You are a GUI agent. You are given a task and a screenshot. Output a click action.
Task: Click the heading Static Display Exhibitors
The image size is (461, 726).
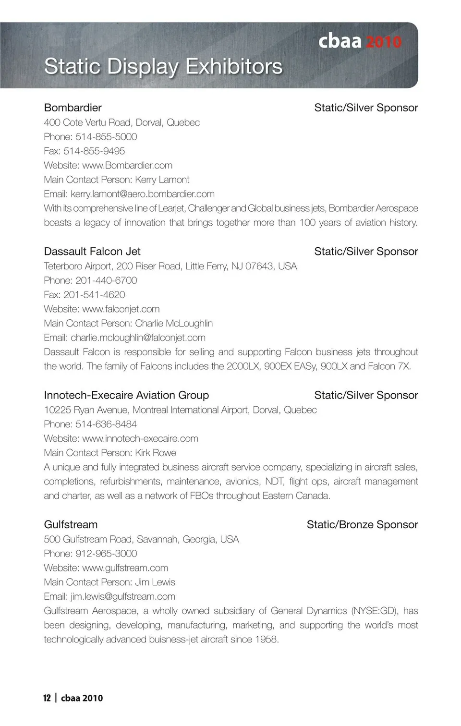(163, 66)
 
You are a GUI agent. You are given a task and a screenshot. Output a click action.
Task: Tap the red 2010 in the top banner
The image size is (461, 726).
(383, 42)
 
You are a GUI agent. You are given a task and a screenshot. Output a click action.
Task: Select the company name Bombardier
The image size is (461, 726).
(73, 108)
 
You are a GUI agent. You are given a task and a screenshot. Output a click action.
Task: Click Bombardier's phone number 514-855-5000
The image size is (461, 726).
(106, 136)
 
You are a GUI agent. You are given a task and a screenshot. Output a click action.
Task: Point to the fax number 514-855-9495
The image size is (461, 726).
(94, 151)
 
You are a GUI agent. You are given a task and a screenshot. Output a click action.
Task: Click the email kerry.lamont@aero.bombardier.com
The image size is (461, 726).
(143, 194)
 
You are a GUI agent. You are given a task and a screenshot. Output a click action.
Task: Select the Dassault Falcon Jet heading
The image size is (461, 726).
(92, 251)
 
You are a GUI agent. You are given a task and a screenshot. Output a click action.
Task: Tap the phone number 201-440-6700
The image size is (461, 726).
(106, 280)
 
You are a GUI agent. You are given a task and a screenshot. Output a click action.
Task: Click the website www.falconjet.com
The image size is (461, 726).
(121, 309)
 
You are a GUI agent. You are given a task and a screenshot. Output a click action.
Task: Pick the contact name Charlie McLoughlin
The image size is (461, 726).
(174, 323)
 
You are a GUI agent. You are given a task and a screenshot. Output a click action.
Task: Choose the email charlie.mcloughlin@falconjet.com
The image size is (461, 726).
(138, 338)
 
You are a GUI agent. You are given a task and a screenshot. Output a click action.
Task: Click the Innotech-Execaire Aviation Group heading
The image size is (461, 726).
(126, 395)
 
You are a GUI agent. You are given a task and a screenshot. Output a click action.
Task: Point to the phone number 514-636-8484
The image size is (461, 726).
(106, 424)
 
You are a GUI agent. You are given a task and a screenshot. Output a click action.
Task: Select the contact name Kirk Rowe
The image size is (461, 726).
(156, 453)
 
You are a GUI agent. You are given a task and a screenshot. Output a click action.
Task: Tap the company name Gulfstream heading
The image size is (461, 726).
(71, 524)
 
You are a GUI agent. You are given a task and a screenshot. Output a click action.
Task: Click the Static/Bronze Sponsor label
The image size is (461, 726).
(362, 524)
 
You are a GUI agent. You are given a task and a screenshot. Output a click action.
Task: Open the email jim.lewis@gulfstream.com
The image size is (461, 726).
(123, 596)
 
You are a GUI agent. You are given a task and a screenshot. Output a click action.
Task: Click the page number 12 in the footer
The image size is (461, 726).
(47, 698)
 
